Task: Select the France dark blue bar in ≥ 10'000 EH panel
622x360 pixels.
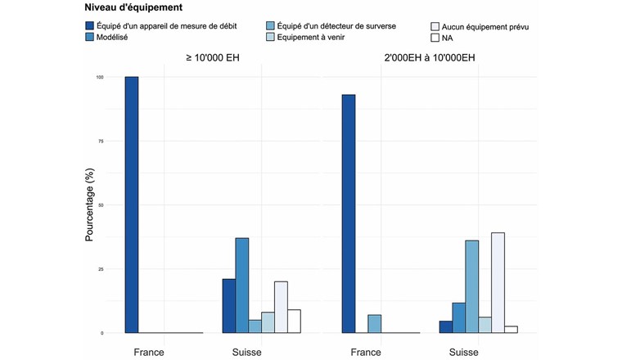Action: (x=131, y=205)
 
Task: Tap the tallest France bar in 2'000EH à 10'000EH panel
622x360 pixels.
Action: (x=349, y=214)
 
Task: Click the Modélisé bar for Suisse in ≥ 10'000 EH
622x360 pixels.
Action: (x=242, y=286)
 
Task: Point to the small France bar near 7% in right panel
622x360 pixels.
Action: (x=375, y=324)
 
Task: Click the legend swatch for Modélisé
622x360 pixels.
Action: (x=90, y=38)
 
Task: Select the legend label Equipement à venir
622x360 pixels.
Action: (x=322, y=38)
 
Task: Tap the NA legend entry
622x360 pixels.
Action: (x=445, y=38)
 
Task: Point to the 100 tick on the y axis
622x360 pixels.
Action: (x=100, y=78)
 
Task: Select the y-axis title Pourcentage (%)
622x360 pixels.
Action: (x=91, y=205)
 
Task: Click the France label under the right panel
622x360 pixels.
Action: (x=366, y=352)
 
